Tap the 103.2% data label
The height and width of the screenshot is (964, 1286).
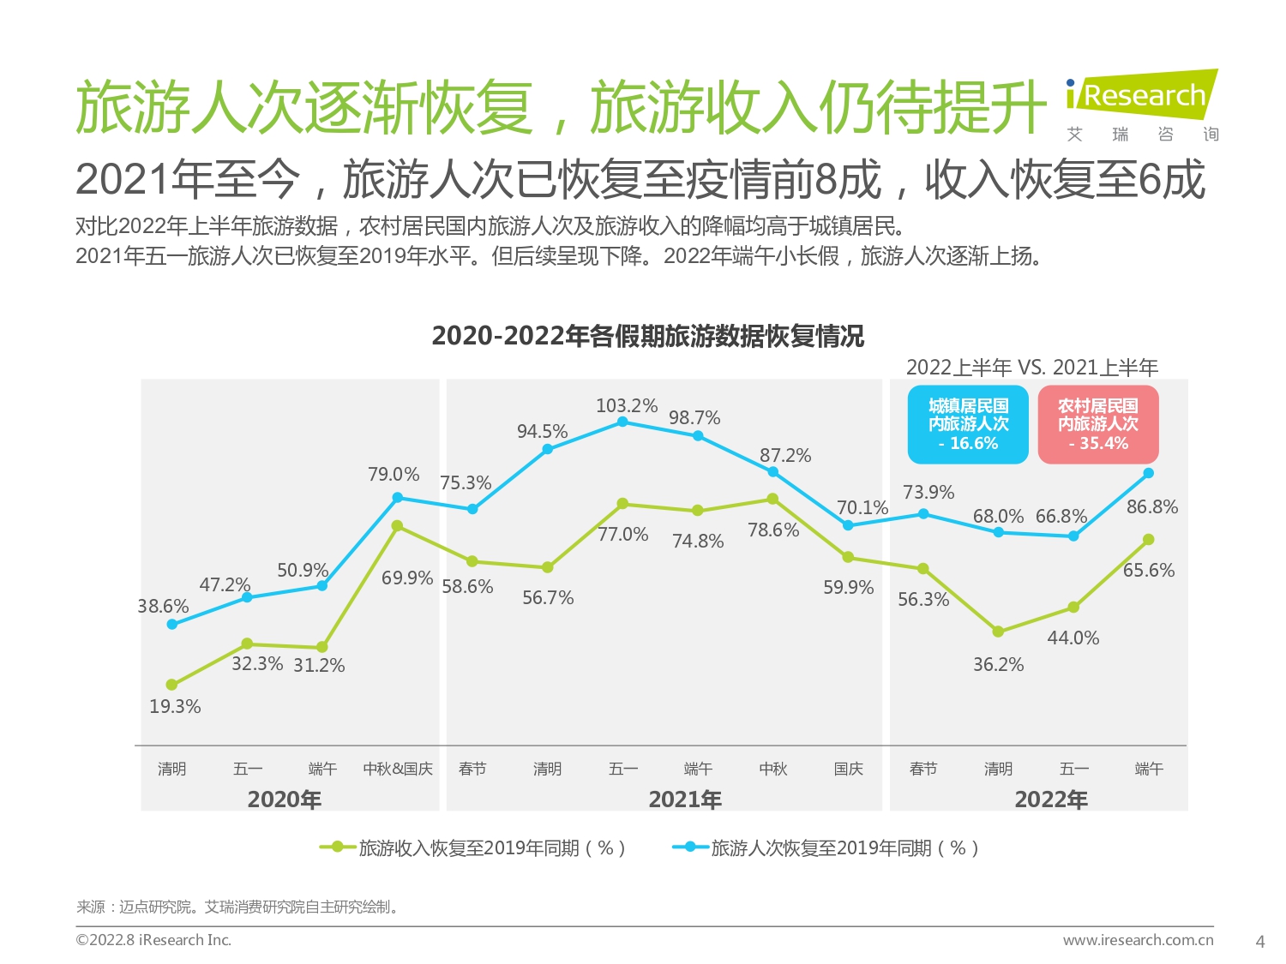[627, 405]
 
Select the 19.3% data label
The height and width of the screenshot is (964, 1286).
[175, 706]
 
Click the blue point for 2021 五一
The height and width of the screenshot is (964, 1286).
[622, 422]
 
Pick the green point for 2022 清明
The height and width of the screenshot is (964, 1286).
[998, 632]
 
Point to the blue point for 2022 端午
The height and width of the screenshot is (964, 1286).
[1149, 473]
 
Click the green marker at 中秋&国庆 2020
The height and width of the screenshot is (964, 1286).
[397, 526]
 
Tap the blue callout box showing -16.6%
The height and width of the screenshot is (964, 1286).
[968, 424]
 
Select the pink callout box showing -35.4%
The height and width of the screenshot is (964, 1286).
[1098, 424]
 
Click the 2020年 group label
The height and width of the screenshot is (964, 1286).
[285, 799]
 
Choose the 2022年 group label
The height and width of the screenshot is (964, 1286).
[1051, 799]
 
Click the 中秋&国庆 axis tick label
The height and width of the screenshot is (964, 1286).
[398, 769]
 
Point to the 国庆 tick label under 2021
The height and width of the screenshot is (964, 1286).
[848, 769]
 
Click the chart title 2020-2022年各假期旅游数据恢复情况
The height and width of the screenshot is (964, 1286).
[647, 336]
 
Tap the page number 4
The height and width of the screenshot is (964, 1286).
[1259, 941]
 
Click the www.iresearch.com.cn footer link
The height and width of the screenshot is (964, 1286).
[1138, 940]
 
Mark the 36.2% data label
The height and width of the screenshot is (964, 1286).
[998, 664]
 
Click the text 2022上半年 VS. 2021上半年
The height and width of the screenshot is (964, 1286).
[1032, 368]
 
